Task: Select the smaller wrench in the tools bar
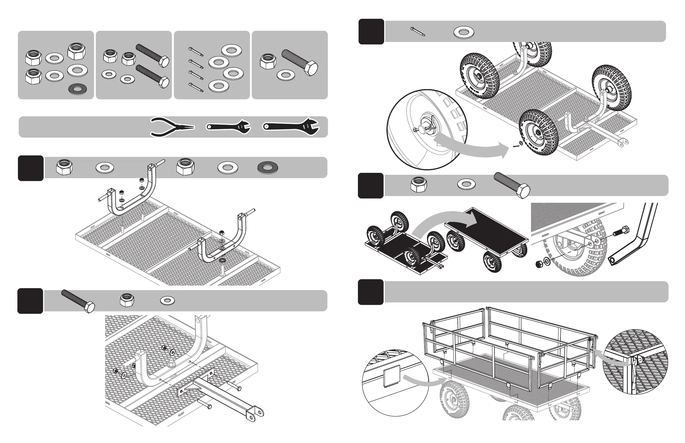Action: tap(228, 127)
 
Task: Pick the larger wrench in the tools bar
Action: tap(291, 127)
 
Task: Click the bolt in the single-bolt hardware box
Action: tap(299, 62)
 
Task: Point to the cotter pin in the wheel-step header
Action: tap(417, 32)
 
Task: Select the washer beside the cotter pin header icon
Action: tap(464, 32)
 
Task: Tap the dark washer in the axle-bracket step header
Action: tap(268, 168)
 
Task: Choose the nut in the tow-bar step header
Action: tap(127, 300)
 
